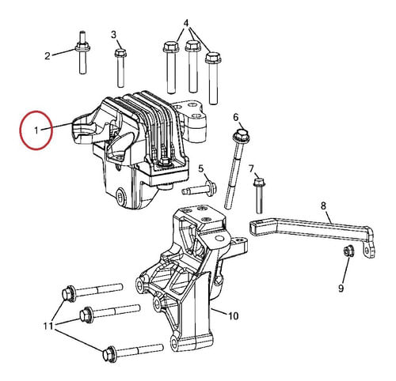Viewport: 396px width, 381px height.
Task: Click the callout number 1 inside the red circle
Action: click(x=36, y=130)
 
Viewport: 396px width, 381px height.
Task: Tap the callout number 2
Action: click(x=48, y=56)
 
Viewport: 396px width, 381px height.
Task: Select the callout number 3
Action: click(x=113, y=35)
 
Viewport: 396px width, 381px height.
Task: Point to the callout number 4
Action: click(x=186, y=23)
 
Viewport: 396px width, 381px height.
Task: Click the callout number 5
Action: click(x=201, y=168)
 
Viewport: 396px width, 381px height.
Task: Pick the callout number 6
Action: click(x=236, y=117)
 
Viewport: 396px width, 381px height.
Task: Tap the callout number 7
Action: click(x=251, y=168)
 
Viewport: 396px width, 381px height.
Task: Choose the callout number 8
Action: click(x=324, y=206)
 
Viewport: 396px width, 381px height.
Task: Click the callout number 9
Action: click(x=341, y=289)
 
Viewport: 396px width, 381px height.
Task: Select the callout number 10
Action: click(x=233, y=315)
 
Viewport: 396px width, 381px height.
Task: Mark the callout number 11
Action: click(x=48, y=326)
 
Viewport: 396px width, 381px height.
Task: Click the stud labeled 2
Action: click(x=82, y=52)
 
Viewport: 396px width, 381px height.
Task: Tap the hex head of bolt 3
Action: click(x=120, y=53)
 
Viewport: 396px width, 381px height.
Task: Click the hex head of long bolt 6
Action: click(x=240, y=134)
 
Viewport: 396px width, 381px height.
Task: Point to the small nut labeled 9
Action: click(x=349, y=251)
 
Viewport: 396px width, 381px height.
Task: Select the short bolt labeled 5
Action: click(x=200, y=188)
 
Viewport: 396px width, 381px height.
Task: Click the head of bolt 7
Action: click(x=259, y=182)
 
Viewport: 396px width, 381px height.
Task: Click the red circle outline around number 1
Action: click(x=21, y=130)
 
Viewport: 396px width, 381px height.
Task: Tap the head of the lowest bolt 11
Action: click(x=109, y=353)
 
